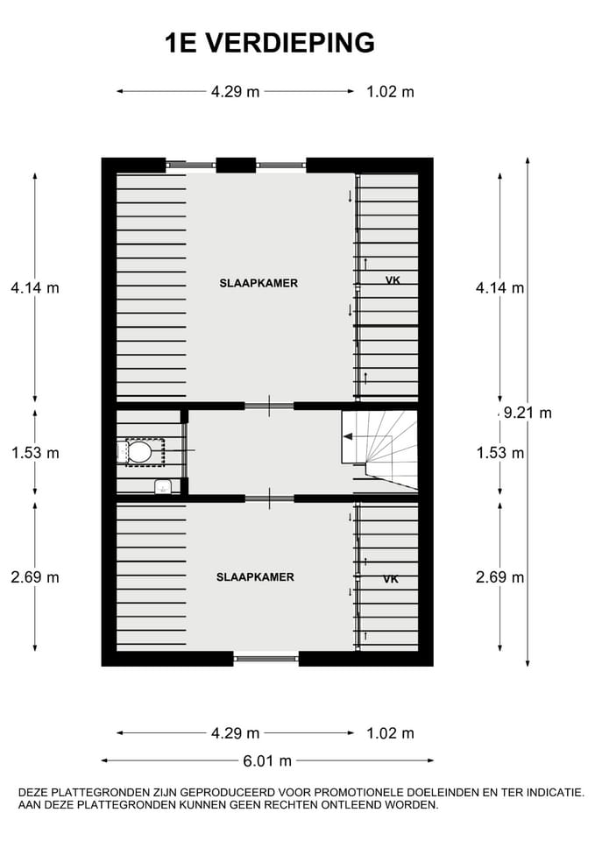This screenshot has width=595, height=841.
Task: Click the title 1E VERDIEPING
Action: point(270,43)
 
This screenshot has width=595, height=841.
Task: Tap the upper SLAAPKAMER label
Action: point(259,283)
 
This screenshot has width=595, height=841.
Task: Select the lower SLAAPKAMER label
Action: point(255,577)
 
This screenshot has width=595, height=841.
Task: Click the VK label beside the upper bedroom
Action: point(393,279)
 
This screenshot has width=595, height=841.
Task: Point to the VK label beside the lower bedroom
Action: point(391,579)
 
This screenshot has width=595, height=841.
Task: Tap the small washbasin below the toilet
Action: point(163,486)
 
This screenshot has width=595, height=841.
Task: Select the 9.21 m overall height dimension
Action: point(528,413)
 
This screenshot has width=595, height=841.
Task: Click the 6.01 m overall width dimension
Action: point(267,760)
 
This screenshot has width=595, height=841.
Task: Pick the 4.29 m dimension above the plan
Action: point(235,92)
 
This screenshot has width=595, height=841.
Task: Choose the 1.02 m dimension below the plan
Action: point(390,733)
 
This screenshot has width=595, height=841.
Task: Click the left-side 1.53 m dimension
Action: point(35,453)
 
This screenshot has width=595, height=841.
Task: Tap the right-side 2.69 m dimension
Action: point(500,577)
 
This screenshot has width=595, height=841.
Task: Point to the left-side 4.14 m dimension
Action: point(35,288)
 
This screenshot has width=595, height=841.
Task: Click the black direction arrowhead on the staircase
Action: point(348,436)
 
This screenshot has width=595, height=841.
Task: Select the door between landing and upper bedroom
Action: point(269,406)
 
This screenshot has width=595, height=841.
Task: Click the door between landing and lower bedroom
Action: point(269,498)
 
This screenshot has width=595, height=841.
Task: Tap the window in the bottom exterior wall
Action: point(266,658)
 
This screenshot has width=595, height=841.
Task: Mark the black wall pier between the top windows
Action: point(236,166)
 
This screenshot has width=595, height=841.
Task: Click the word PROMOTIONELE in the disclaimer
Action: point(359,793)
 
